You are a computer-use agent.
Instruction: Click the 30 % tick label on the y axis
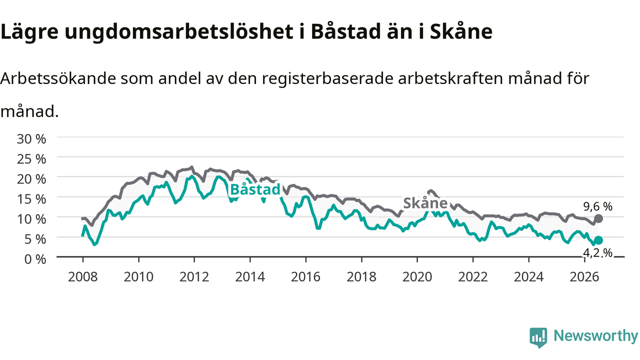[x=31, y=139]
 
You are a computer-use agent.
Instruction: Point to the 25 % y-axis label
[x=31, y=159]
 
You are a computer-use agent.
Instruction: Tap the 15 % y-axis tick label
[x=31, y=199]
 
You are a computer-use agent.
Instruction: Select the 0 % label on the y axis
[x=35, y=259]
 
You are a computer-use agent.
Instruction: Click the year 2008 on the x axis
[x=83, y=277]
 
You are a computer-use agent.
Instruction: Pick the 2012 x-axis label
[x=194, y=277]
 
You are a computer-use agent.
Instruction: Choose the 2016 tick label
[x=305, y=277]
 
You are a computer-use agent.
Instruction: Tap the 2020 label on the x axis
[x=417, y=277]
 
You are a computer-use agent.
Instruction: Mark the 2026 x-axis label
[x=584, y=277]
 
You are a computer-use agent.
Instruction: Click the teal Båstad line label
[x=255, y=189]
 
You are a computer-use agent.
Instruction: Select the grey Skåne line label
[x=425, y=203]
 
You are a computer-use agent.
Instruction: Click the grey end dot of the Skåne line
[x=598, y=218]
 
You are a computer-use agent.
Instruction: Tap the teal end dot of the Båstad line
[x=598, y=240]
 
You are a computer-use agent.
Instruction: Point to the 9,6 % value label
[x=597, y=206]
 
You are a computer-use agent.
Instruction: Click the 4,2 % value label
[x=597, y=253]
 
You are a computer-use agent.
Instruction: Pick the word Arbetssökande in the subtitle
[x=58, y=78]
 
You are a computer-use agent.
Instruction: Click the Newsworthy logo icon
[x=538, y=337]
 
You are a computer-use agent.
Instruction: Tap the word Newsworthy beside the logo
[x=595, y=336]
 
